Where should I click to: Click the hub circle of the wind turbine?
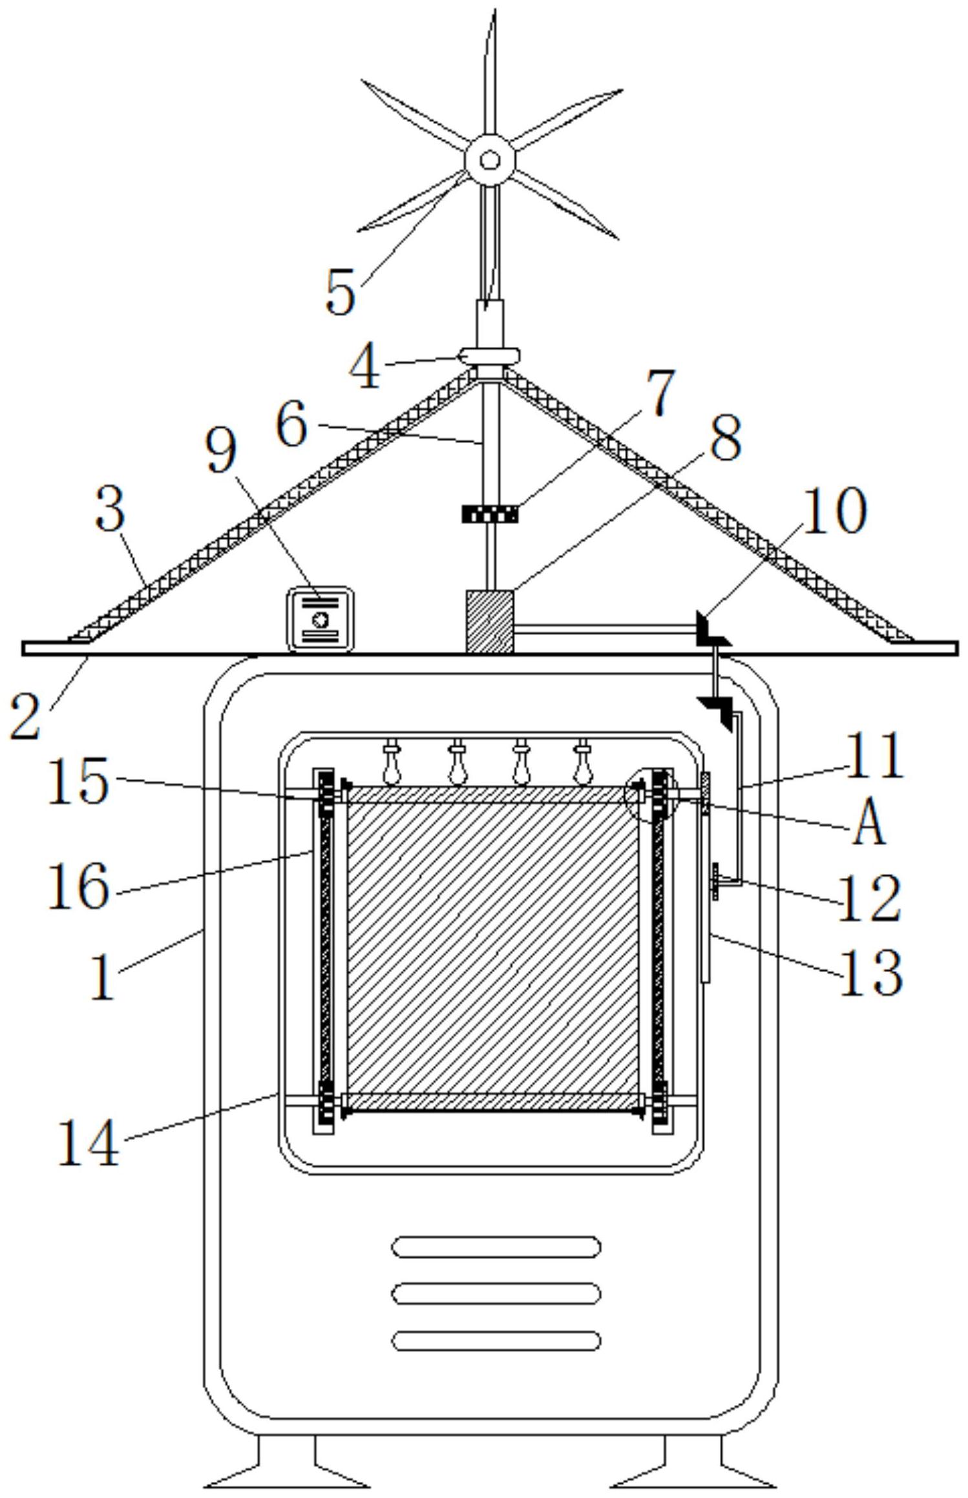point(489,159)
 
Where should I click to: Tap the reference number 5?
point(341,293)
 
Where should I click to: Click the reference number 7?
point(660,392)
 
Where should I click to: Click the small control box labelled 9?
point(321,619)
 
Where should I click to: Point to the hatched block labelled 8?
point(489,621)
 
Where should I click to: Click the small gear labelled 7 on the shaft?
point(490,514)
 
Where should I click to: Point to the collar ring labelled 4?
point(489,355)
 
